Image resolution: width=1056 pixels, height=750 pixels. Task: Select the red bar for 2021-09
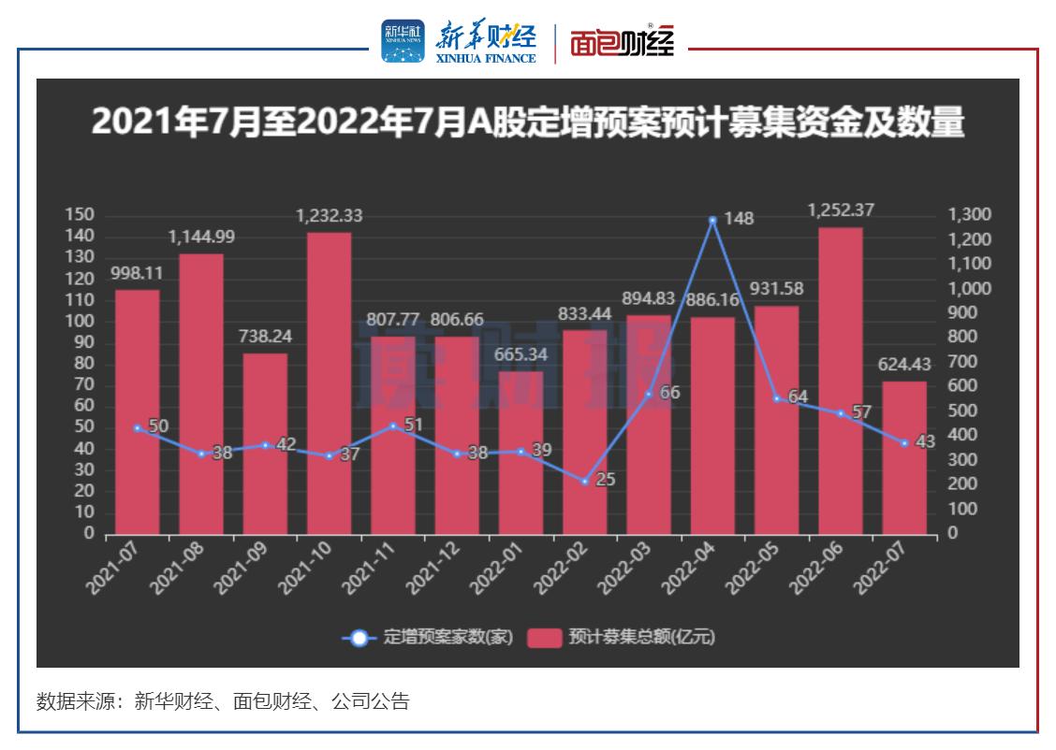[x=265, y=443]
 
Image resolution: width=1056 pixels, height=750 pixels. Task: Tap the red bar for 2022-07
[x=904, y=457]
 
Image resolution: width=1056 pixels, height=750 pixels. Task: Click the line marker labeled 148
[x=712, y=220]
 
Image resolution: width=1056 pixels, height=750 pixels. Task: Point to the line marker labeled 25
[x=584, y=482]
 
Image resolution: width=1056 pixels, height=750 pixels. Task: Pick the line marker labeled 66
[x=649, y=394]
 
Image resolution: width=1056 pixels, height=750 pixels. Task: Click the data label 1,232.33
[x=330, y=216]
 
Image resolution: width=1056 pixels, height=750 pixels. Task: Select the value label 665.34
[x=521, y=354]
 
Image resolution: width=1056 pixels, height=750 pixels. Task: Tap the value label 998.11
[x=138, y=273]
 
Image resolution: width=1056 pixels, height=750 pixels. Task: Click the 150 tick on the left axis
[x=81, y=215]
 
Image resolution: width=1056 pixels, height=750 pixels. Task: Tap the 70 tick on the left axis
[x=84, y=384]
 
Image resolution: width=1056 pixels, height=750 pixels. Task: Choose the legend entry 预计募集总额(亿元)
[x=622, y=638]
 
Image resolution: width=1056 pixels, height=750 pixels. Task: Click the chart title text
[x=527, y=123]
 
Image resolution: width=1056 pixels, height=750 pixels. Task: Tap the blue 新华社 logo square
[x=403, y=42]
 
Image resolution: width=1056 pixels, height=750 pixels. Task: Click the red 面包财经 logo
[x=623, y=43]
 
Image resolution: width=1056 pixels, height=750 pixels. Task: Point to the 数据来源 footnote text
[x=223, y=701]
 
